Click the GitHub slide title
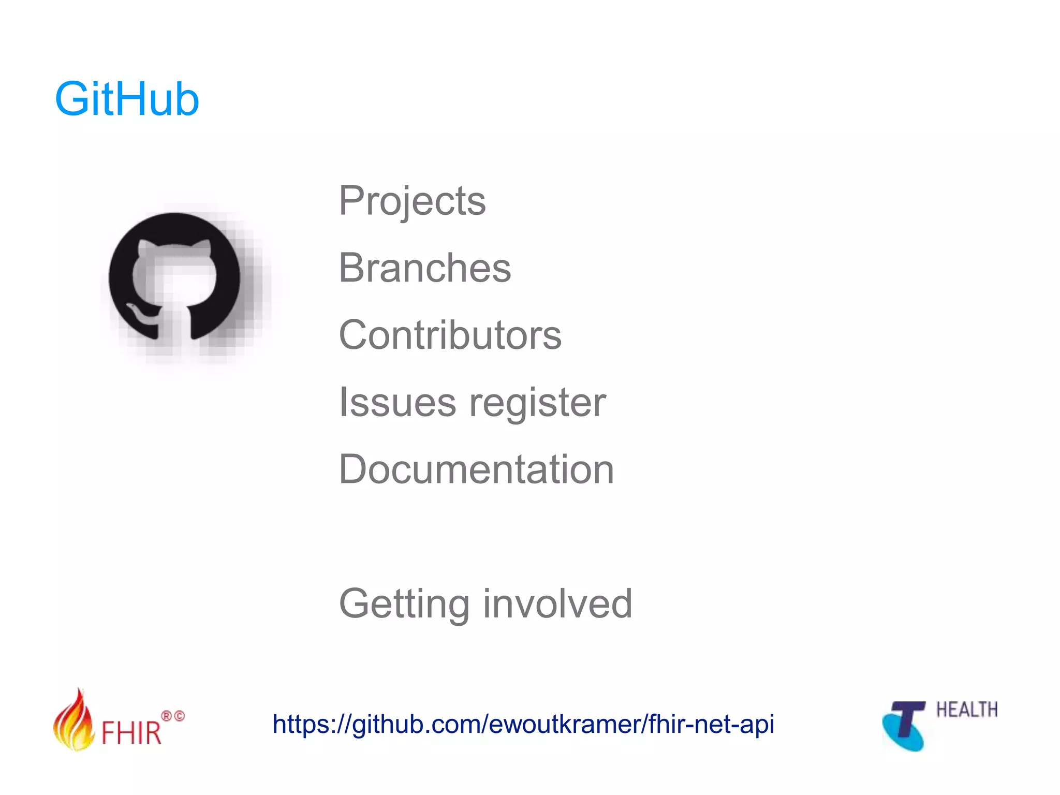(x=127, y=99)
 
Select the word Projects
(x=412, y=201)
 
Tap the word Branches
(x=425, y=268)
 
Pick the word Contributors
(x=450, y=335)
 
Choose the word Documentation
(x=476, y=469)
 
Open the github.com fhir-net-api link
(x=523, y=724)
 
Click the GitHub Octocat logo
(x=175, y=277)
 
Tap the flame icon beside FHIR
(x=74, y=722)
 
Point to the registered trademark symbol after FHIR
(x=167, y=716)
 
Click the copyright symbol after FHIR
(x=179, y=716)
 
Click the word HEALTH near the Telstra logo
(x=966, y=710)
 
